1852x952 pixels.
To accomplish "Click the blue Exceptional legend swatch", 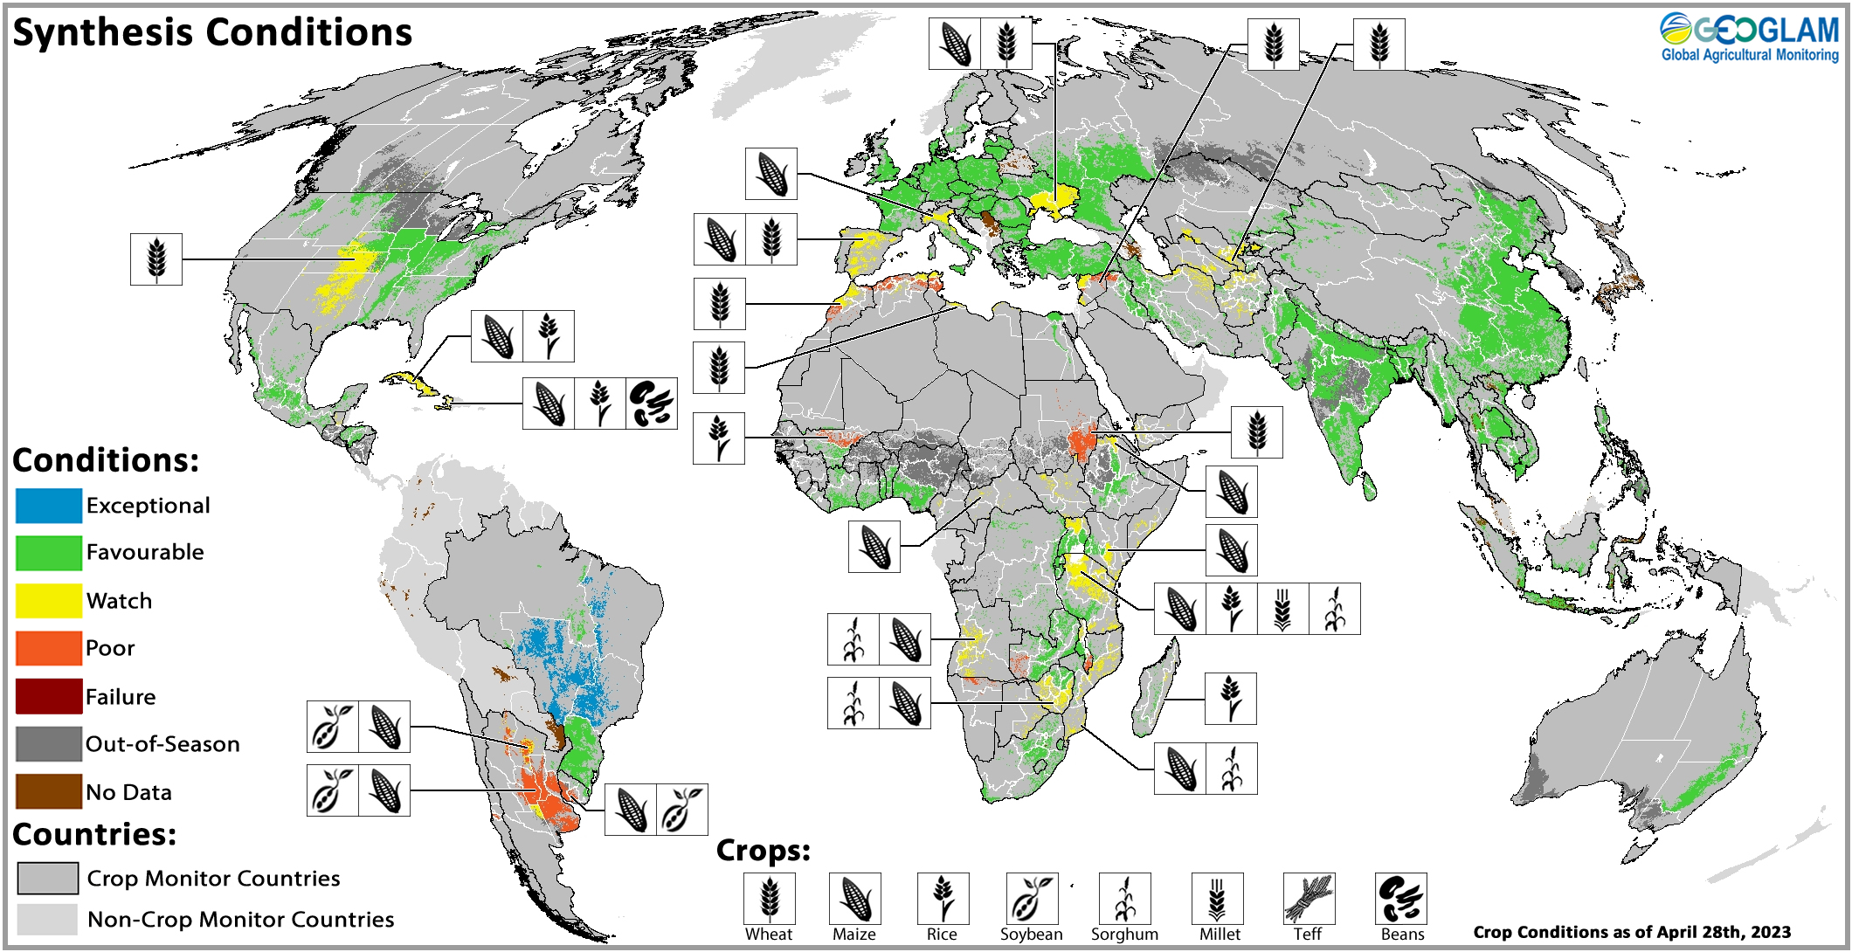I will (49, 506).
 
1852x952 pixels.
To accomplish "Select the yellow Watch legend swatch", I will (49, 601).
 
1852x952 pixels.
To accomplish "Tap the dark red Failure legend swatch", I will (49, 696).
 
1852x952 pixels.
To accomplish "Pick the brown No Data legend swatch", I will (49, 791).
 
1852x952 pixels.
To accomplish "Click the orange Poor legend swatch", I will (49, 648).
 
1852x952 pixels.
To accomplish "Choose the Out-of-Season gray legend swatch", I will (49, 744).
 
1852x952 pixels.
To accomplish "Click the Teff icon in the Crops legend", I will (1309, 899).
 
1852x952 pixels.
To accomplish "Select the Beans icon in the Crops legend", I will (1401, 899).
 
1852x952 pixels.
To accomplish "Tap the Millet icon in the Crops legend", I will (1217, 899).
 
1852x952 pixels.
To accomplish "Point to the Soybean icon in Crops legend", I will (1032, 899).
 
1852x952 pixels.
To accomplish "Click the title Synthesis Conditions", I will (212, 33).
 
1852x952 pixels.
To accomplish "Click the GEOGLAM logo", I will (1750, 38).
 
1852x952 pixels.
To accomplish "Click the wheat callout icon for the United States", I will (156, 259).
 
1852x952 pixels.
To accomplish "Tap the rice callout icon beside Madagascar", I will (1230, 699).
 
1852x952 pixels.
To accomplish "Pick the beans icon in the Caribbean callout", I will (652, 404).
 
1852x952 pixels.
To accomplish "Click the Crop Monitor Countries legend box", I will (47, 878).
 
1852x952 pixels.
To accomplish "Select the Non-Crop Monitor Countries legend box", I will (47, 919).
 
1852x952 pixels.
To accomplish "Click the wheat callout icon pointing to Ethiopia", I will (1256, 432).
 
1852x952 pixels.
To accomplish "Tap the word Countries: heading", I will (94, 835).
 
